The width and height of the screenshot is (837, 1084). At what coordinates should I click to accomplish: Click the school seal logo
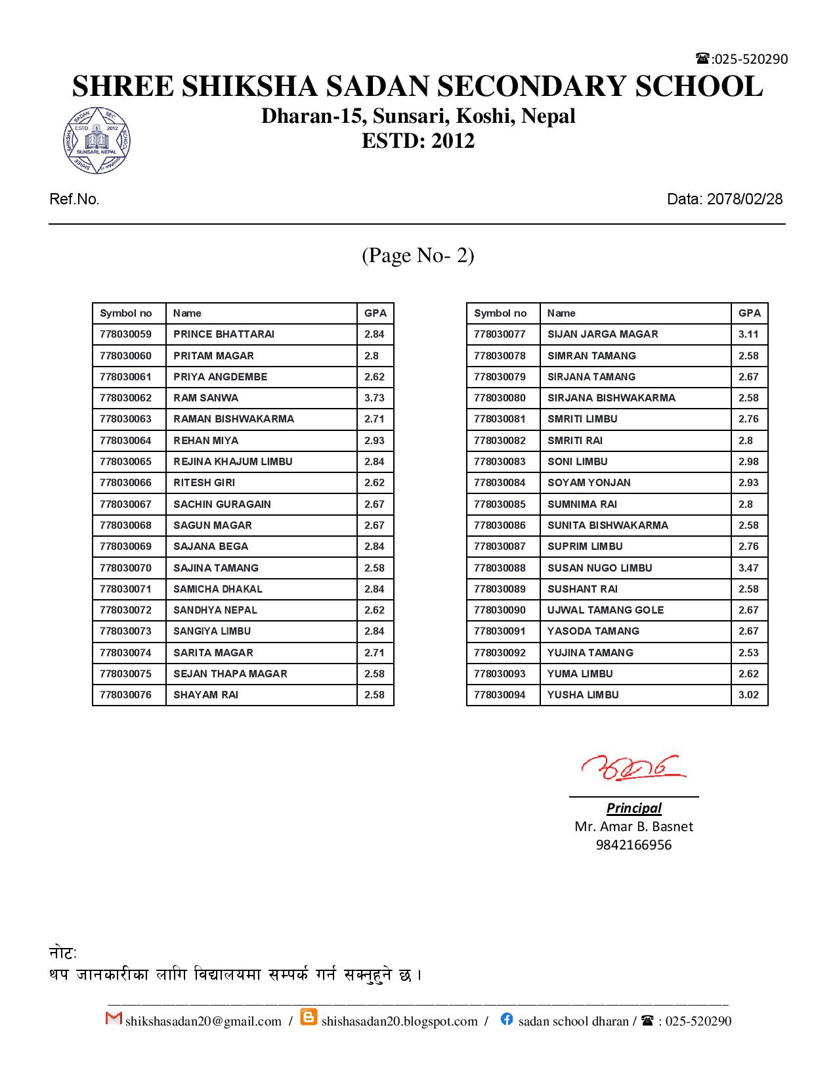click(x=97, y=141)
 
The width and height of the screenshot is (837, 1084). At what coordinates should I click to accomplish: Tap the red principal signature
click(x=632, y=767)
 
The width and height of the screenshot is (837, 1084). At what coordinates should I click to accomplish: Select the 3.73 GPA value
click(x=374, y=398)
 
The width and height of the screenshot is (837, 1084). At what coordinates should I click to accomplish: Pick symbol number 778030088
click(x=500, y=568)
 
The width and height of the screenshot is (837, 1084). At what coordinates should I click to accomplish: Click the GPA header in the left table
click(x=376, y=313)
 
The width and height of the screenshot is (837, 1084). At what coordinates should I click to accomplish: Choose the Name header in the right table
click(x=561, y=313)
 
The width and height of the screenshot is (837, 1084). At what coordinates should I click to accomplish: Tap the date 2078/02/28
click(x=744, y=199)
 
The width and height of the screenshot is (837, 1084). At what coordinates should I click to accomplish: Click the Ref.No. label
click(x=74, y=199)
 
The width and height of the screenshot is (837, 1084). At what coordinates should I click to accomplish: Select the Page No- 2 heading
click(x=418, y=255)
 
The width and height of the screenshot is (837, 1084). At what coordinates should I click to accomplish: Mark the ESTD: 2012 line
click(x=418, y=141)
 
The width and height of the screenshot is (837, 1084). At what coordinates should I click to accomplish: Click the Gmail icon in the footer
click(x=114, y=1018)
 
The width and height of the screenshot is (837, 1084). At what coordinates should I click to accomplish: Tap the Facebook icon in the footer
click(x=506, y=1019)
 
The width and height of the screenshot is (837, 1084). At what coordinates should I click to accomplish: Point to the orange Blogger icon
click(x=309, y=1018)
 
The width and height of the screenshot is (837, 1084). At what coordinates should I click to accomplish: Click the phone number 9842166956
click(x=633, y=845)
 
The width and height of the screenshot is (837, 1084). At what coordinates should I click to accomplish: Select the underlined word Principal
click(x=633, y=808)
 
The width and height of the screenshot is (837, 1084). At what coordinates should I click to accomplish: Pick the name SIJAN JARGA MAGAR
click(x=602, y=334)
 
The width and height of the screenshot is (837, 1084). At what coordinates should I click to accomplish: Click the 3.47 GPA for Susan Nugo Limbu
click(x=748, y=568)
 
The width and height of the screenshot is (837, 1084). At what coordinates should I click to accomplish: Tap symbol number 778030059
click(x=125, y=334)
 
